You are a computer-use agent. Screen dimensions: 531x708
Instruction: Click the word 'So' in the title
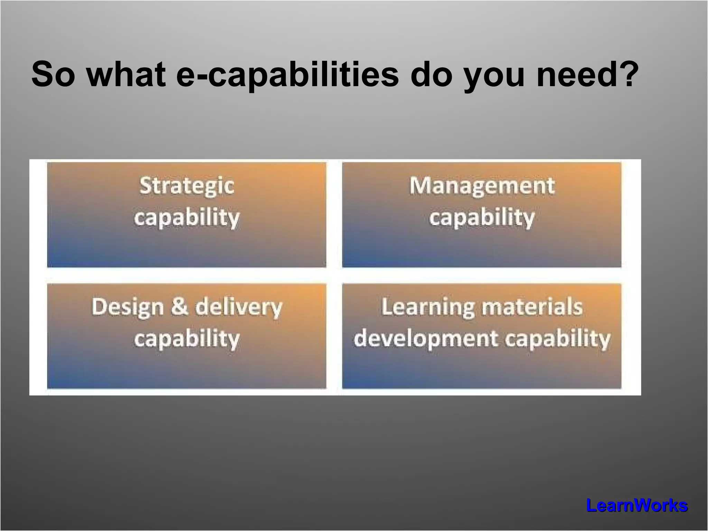(53, 74)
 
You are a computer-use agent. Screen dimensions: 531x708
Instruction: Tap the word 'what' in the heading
(126, 74)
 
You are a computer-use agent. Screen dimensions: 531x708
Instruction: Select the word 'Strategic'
(187, 186)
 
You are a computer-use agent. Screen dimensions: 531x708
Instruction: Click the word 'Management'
(482, 186)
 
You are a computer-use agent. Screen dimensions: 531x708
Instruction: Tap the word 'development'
(426, 339)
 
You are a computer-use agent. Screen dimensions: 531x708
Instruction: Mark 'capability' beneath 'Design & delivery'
(187, 339)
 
